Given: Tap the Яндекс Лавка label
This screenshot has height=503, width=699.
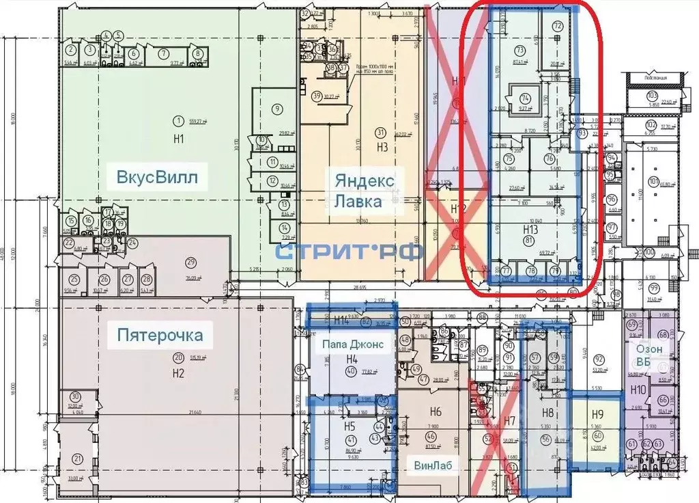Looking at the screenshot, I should (x=364, y=191).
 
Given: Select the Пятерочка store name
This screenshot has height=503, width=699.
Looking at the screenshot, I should (x=160, y=335).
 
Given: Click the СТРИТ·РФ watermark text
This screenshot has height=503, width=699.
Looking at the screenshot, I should (x=349, y=250).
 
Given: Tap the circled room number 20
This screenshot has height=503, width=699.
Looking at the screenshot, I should (x=178, y=357).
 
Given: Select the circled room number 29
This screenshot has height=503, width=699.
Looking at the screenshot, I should (x=191, y=262).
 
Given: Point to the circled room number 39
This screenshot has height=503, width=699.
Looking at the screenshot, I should (x=317, y=96).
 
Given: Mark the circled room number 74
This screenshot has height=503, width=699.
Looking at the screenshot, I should (x=525, y=98).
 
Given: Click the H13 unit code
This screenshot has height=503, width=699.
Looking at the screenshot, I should (x=530, y=229).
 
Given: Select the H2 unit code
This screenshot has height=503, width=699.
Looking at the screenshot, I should (x=178, y=373).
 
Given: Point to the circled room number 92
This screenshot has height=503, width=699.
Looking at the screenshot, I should (x=599, y=359).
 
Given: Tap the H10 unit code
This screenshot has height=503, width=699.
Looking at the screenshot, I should (x=638, y=390).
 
